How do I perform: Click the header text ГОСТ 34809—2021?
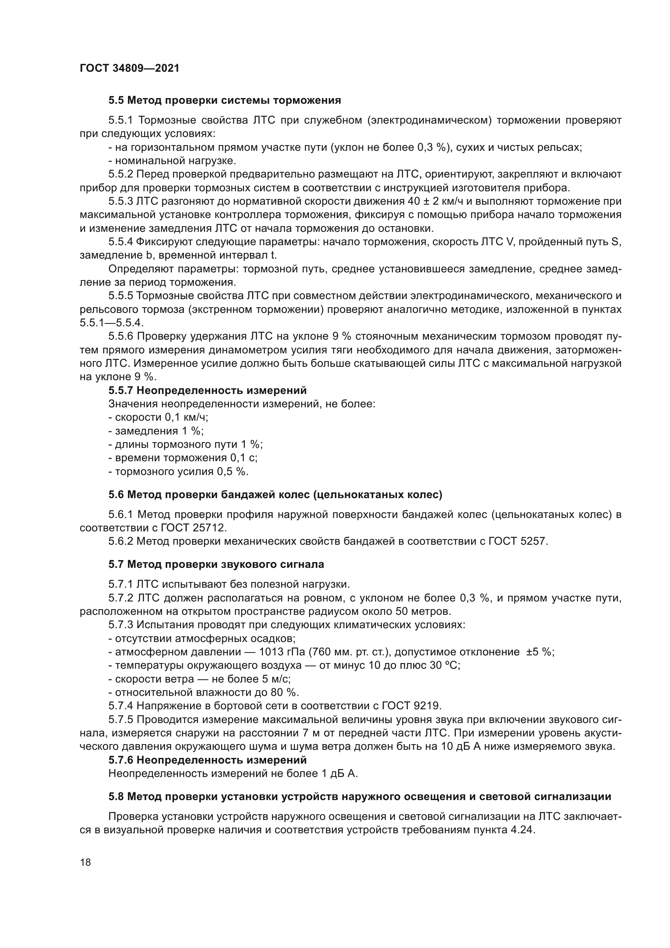[x=130, y=68]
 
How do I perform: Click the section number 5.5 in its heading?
[x=116, y=101]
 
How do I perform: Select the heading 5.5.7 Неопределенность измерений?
[x=207, y=390]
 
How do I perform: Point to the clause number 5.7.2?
[x=120, y=598]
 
